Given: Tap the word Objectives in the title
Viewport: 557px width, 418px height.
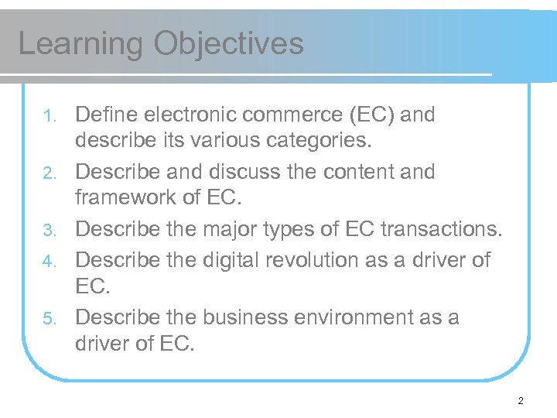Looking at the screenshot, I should tap(229, 43).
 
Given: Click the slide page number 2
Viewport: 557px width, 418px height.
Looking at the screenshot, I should tap(521, 401).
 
